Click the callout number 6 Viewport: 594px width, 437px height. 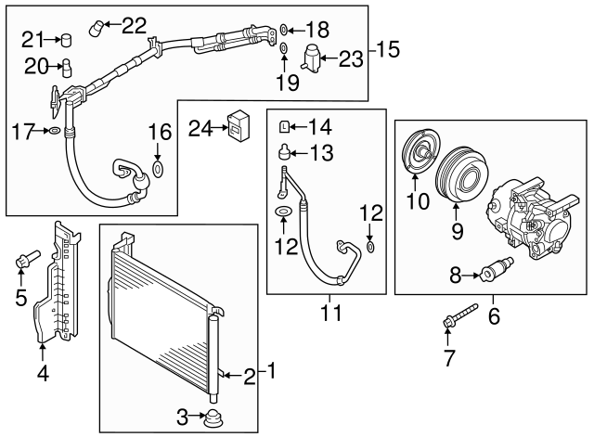pos(494,317)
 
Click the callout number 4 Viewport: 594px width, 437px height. pos(42,376)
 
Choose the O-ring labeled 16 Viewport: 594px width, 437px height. pos(157,169)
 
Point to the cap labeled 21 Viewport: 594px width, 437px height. pos(65,39)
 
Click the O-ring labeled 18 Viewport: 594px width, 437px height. pos(284,30)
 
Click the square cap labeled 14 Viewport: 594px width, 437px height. pos(286,127)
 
